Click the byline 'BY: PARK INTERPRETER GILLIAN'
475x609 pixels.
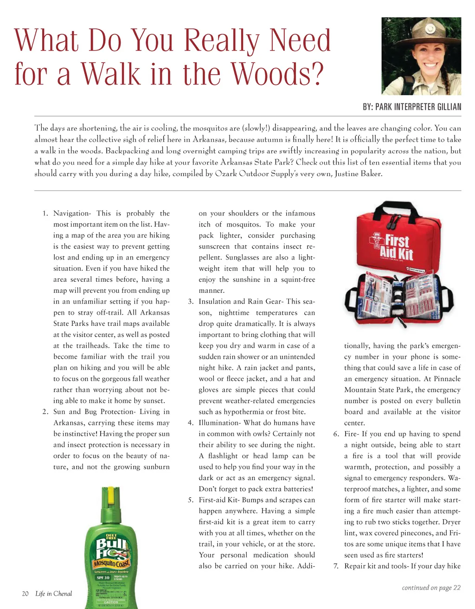(412, 107)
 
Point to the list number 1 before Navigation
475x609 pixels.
(45, 214)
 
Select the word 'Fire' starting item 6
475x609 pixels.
(351, 434)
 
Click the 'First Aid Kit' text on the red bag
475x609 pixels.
(397, 246)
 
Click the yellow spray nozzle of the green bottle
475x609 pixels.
(110, 495)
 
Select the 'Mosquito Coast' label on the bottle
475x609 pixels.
(112, 563)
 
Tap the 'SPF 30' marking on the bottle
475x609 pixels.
(103, 577)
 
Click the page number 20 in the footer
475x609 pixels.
(26, 594)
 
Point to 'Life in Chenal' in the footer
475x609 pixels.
(53, 594)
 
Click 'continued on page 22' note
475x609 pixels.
(431, 588)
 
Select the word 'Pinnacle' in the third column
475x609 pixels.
(446, 379)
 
